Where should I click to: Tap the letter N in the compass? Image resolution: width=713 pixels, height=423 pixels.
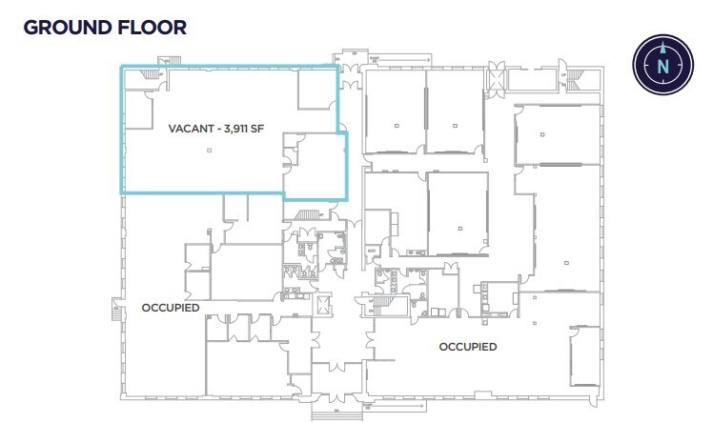click(661, 66)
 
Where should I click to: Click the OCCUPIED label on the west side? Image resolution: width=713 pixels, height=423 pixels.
click(170, 308)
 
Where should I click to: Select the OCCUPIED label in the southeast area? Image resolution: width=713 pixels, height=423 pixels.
click(467, 347)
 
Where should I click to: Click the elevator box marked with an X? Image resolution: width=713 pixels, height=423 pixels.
click(322, 305)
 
